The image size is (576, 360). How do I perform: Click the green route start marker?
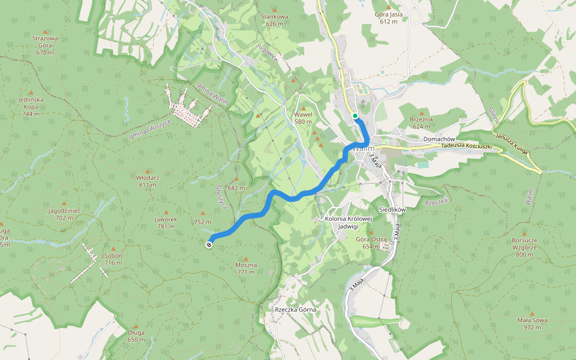355,116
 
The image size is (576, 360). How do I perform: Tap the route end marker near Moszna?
209,244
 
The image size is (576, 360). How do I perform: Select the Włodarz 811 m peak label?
148,181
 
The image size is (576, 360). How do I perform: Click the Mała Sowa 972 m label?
532,323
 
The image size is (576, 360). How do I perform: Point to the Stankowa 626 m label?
274,20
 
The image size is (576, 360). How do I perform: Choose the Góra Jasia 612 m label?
388,17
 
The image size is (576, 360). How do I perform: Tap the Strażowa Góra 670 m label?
45,45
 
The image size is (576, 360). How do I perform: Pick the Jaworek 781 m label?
166,223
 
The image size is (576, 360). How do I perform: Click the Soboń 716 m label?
113,259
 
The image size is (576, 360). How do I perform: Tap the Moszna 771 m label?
246,268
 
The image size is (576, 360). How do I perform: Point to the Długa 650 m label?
136,336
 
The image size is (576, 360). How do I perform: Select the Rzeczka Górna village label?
295,310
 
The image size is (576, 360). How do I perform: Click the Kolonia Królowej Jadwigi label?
348,222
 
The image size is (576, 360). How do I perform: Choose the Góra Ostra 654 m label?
371,242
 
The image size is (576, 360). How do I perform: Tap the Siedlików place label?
394,209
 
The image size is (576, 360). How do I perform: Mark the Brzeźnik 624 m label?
422,122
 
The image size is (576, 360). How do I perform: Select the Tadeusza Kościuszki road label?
466,146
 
